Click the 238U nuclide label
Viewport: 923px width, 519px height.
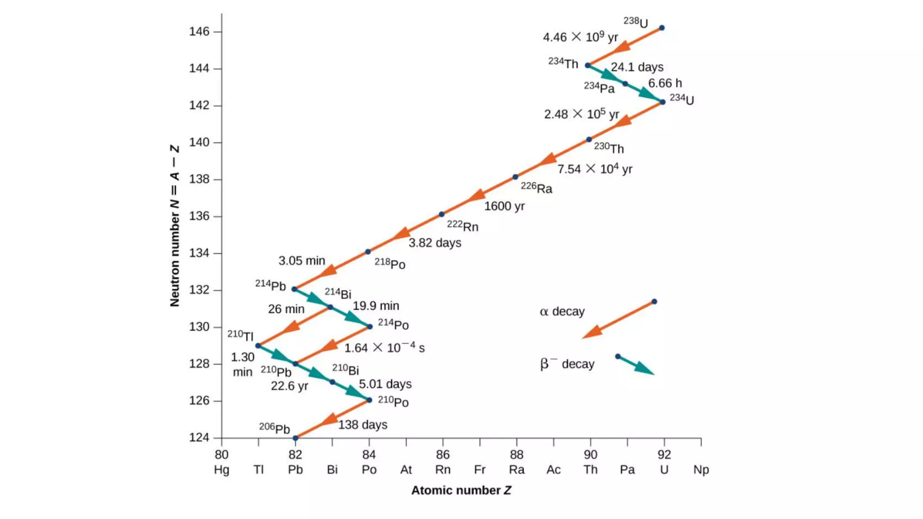(x=636, y=22)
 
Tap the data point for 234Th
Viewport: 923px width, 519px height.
(x=588, y=65)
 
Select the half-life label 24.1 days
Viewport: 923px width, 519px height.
(x=637, y=67)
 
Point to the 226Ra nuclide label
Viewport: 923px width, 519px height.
(x=536, y=187)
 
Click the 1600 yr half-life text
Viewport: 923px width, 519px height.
(x=504, y=206)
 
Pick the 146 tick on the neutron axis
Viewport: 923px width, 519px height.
(x=199, y=32)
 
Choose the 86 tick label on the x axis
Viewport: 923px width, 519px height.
(x=443, y=455)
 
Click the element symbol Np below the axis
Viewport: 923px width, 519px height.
(x=701, y=469)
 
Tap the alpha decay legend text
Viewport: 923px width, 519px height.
(x=562, y=311)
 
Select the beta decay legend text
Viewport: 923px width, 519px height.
(x=567, y=364)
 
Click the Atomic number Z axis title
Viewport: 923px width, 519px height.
(x=461, y=490)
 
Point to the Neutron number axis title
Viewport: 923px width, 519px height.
(x=175, y=226)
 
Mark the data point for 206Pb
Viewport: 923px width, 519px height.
(x=296, y=438)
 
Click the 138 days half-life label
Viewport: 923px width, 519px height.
(x=363, y=425)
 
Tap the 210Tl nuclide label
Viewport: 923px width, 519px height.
(x=240, y=335)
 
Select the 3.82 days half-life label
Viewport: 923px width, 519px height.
(x=435, y=243)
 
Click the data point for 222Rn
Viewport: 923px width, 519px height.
(x=442, y=214)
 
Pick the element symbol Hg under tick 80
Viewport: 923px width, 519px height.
(x=221, y=469)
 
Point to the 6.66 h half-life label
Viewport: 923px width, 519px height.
(x=665, y=83)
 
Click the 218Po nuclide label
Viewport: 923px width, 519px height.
(x=390, y=264)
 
